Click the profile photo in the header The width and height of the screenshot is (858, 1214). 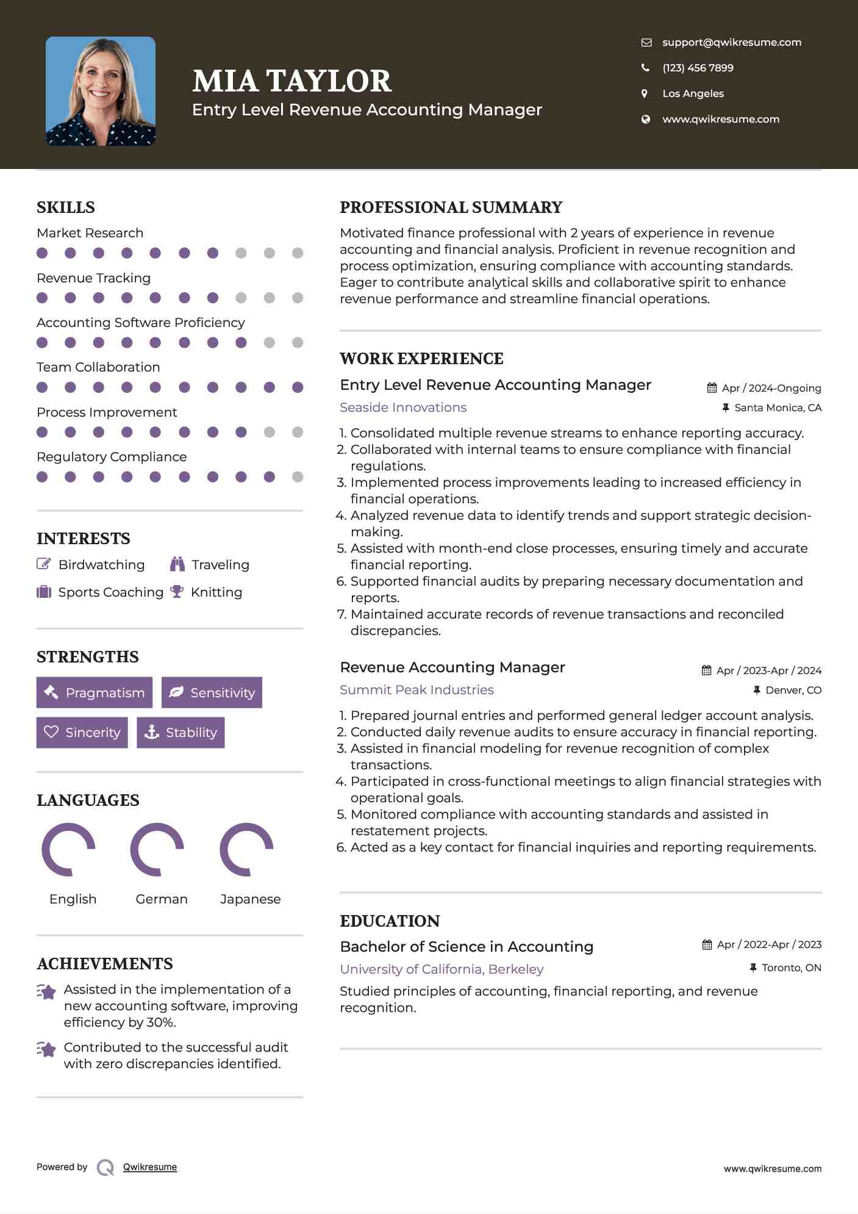click(x=101, y=91)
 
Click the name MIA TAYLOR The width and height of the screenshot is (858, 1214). click(x=292, y=81)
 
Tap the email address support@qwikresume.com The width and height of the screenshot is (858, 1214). click(x=732, y=42)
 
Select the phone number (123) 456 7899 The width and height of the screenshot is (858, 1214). click(x=698, y=68)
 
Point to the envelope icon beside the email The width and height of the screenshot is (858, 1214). click(x=646, y=42)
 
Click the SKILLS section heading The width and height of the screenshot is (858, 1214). click(x=66, y=207)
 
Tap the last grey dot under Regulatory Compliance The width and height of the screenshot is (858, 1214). click(x=298, y=477)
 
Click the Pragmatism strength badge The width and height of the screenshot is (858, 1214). click(x=95, y=692)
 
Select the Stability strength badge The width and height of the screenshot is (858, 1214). click(x=181, y=732)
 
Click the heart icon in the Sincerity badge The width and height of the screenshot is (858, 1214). click(x=51, y=732)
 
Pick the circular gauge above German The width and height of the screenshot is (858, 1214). click(x=157, y=849)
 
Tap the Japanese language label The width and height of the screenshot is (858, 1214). click(x=250, y=899)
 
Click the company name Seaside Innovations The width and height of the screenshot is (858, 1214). click(x=403, y=407)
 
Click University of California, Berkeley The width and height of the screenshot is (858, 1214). click(x=442, y=969)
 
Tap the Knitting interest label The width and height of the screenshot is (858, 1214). click(x=216, y=592)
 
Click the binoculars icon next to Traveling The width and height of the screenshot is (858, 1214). click(x=177, y=564)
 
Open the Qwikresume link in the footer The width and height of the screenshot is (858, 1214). click(x=150, y=1166)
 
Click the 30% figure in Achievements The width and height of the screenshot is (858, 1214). click(x=161, y=1022)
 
